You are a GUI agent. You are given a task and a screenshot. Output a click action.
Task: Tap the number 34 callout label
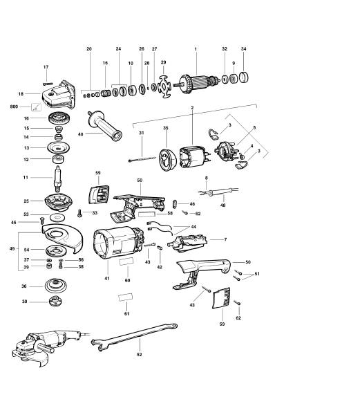click(x=243, y=49)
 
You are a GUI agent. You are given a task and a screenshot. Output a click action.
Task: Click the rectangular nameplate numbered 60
click(x=126, y=262)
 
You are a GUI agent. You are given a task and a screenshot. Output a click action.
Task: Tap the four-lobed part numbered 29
click(x=164, y=87)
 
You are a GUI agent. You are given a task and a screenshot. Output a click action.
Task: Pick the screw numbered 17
click(x=50, y=83)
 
